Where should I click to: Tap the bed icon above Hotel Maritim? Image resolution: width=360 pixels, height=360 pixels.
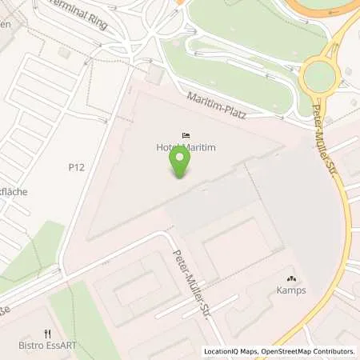pos(186,136)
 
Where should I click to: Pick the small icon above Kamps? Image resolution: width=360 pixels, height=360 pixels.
pos(290,278)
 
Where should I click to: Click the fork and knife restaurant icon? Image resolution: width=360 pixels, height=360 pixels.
pos(48,334)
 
